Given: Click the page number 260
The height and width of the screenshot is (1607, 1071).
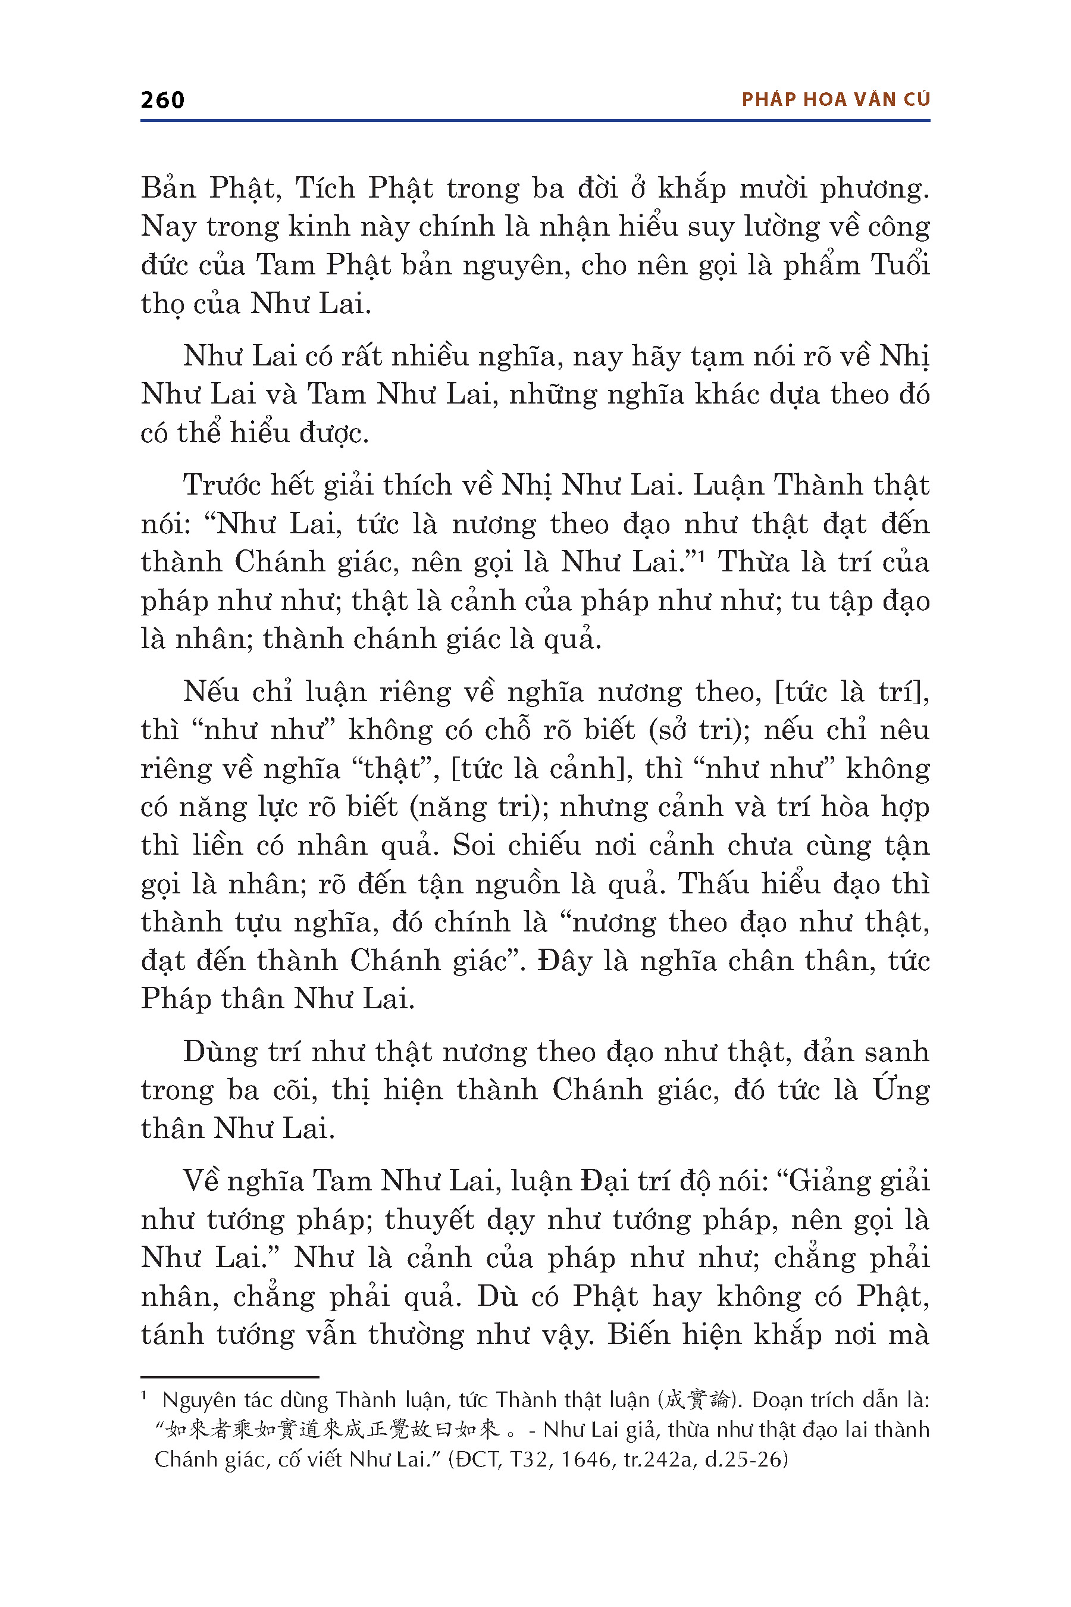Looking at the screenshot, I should click(x=162, y=100).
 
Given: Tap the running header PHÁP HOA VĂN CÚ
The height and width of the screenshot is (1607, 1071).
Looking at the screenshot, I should click(x=835, y=100).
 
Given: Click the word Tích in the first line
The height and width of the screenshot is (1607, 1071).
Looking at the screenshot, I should click(x=324, y=188).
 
